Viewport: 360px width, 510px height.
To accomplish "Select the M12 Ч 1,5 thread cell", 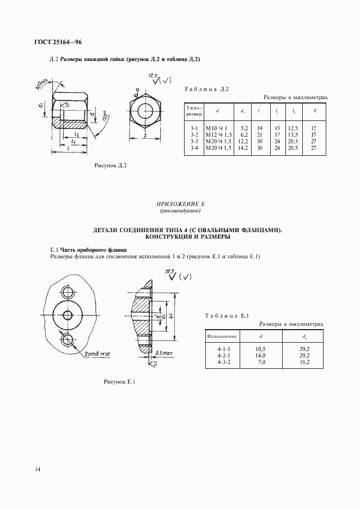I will tap(218, 135).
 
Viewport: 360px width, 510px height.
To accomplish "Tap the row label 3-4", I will tap(194, 148).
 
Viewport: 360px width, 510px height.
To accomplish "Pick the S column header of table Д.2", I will tap(313, 111).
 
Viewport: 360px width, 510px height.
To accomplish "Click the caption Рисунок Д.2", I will tap(111, 166).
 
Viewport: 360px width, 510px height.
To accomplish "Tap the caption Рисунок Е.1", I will tap(119, 381).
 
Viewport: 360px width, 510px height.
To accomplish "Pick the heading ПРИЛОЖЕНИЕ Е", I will tap(180, 203).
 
